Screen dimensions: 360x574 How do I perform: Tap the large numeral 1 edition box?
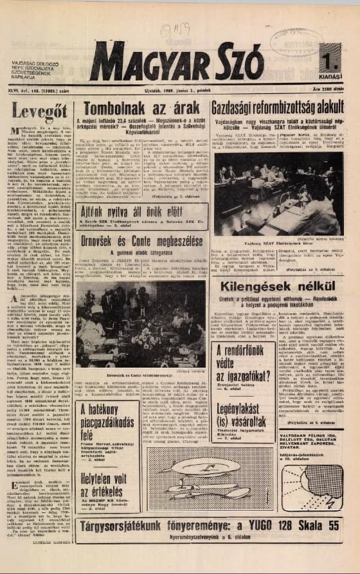[330, 63]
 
